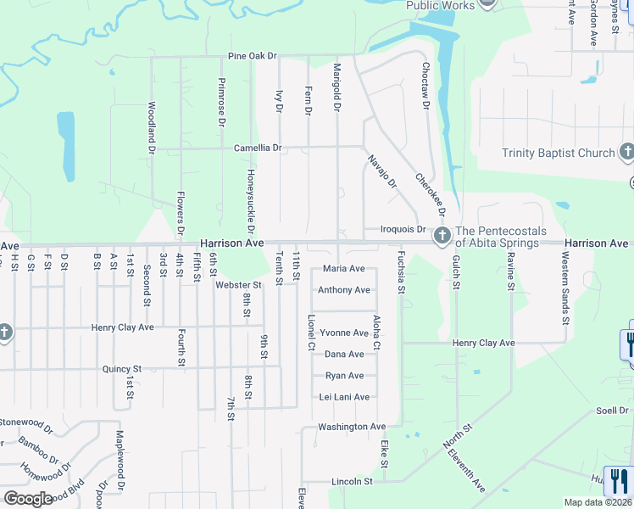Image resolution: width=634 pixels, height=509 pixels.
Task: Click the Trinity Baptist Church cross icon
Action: tap(626, 153)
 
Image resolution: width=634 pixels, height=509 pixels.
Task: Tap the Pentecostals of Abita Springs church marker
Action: tap(442, 237)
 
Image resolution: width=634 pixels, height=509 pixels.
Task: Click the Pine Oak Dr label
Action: tap(253, 57)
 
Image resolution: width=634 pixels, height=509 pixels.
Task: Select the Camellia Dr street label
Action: tap(258, 148)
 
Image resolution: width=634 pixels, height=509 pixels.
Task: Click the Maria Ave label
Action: tap(344, 269)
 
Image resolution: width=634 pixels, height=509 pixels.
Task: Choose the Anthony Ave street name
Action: tap(343, 290)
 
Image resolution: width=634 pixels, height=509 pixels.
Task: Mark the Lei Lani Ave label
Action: tap(344, 397)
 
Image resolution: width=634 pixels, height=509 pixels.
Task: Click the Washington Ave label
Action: tap(351, 427)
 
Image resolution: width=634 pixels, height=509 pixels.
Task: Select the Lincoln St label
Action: tap(352, 482)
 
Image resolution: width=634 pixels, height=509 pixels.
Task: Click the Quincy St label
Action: tap(120, 369)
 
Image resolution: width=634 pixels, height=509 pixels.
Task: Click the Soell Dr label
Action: tap(610, 411)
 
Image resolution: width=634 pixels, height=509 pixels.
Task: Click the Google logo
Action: tap(27, 499)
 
